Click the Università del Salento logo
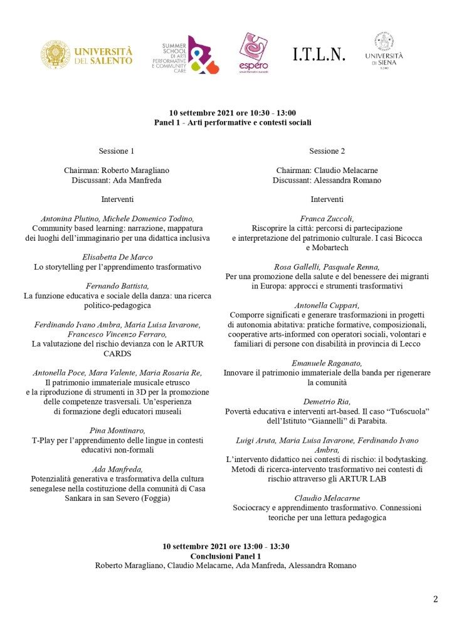(87, 55)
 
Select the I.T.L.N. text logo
(319, 55)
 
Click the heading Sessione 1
(117, 151)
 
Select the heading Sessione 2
(327, 151)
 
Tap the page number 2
(435, 599)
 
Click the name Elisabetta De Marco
(117, 257)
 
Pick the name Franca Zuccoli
(327, 219)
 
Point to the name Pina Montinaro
(117, 431)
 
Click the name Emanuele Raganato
(327, 363)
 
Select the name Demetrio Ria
(327, 402)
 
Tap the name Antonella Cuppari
(327, 305)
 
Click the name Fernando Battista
(117, 286)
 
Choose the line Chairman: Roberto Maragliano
(117, 171)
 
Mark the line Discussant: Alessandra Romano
(327, 180)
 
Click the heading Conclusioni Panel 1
(226, 556)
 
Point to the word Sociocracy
(254, 508)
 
